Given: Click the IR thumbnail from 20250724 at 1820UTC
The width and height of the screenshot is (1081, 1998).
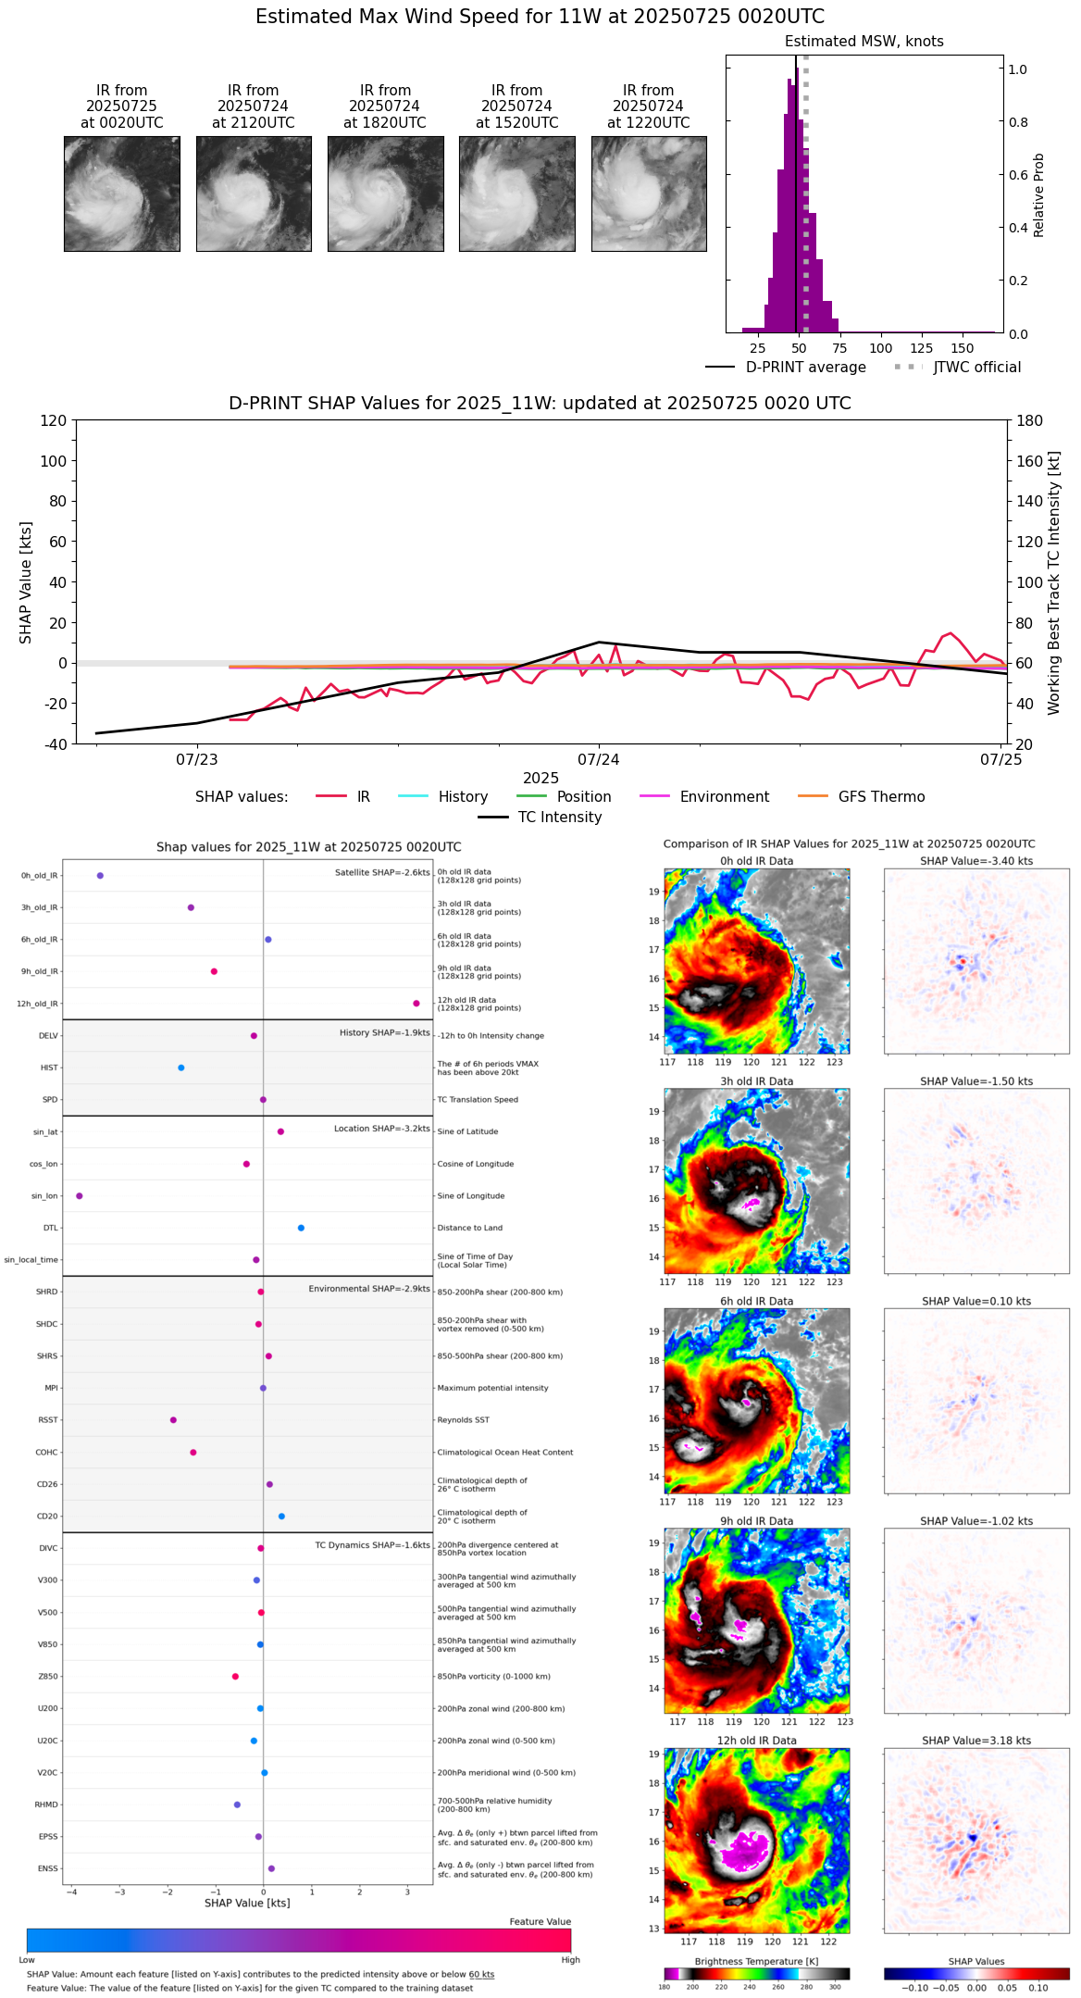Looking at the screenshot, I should pyautogui.click(x=385, y=194).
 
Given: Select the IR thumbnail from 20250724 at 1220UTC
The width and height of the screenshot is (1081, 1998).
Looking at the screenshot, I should pyautogui.click(x=649, y=194).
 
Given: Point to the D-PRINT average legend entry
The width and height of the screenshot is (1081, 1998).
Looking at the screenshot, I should pyautogui.click(x=786, y=368).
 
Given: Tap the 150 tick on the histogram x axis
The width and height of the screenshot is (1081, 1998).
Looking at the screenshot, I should pyautogui.click(x=963, y=348).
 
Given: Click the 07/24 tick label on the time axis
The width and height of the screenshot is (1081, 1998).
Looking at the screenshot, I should pyautogui.click(x=599, y=760).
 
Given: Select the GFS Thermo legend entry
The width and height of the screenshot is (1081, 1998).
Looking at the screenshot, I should pyautogui.click(x=861, y=797).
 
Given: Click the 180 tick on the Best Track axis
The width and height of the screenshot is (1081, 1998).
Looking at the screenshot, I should pyautogui.click(x=1030, y=421).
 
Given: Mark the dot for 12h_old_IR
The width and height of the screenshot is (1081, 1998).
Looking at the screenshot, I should pyautogui.click(x=416, y=1004).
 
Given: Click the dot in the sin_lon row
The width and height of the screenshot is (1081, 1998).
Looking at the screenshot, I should pyautogui.click(x=80, y=1196).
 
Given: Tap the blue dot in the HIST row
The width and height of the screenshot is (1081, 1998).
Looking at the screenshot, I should pyautogui.click(x=181, y=1068).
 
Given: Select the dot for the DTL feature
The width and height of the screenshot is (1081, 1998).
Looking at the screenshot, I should pyautogui.click(x=301, y=1228).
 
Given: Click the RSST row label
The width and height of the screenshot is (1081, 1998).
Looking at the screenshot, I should pyautogui.click(x=48, y=1420).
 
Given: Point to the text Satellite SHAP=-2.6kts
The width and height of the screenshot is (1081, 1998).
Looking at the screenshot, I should pyautogui.click(x=382, y=872).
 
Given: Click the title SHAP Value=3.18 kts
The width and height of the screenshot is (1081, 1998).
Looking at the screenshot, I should pyautogui.click(x=976, y=1741).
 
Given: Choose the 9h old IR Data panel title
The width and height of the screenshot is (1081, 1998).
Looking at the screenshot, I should pyautogui.click(x=756, y=1521).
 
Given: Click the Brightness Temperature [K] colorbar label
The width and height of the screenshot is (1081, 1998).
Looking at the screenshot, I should pyautogui.click(x=756, y=1961).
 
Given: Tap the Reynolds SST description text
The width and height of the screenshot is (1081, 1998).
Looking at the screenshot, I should pyautogui.click(x=463, y=1420).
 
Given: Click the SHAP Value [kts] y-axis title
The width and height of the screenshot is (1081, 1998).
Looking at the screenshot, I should pyautogui.click(x=26, y=582).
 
